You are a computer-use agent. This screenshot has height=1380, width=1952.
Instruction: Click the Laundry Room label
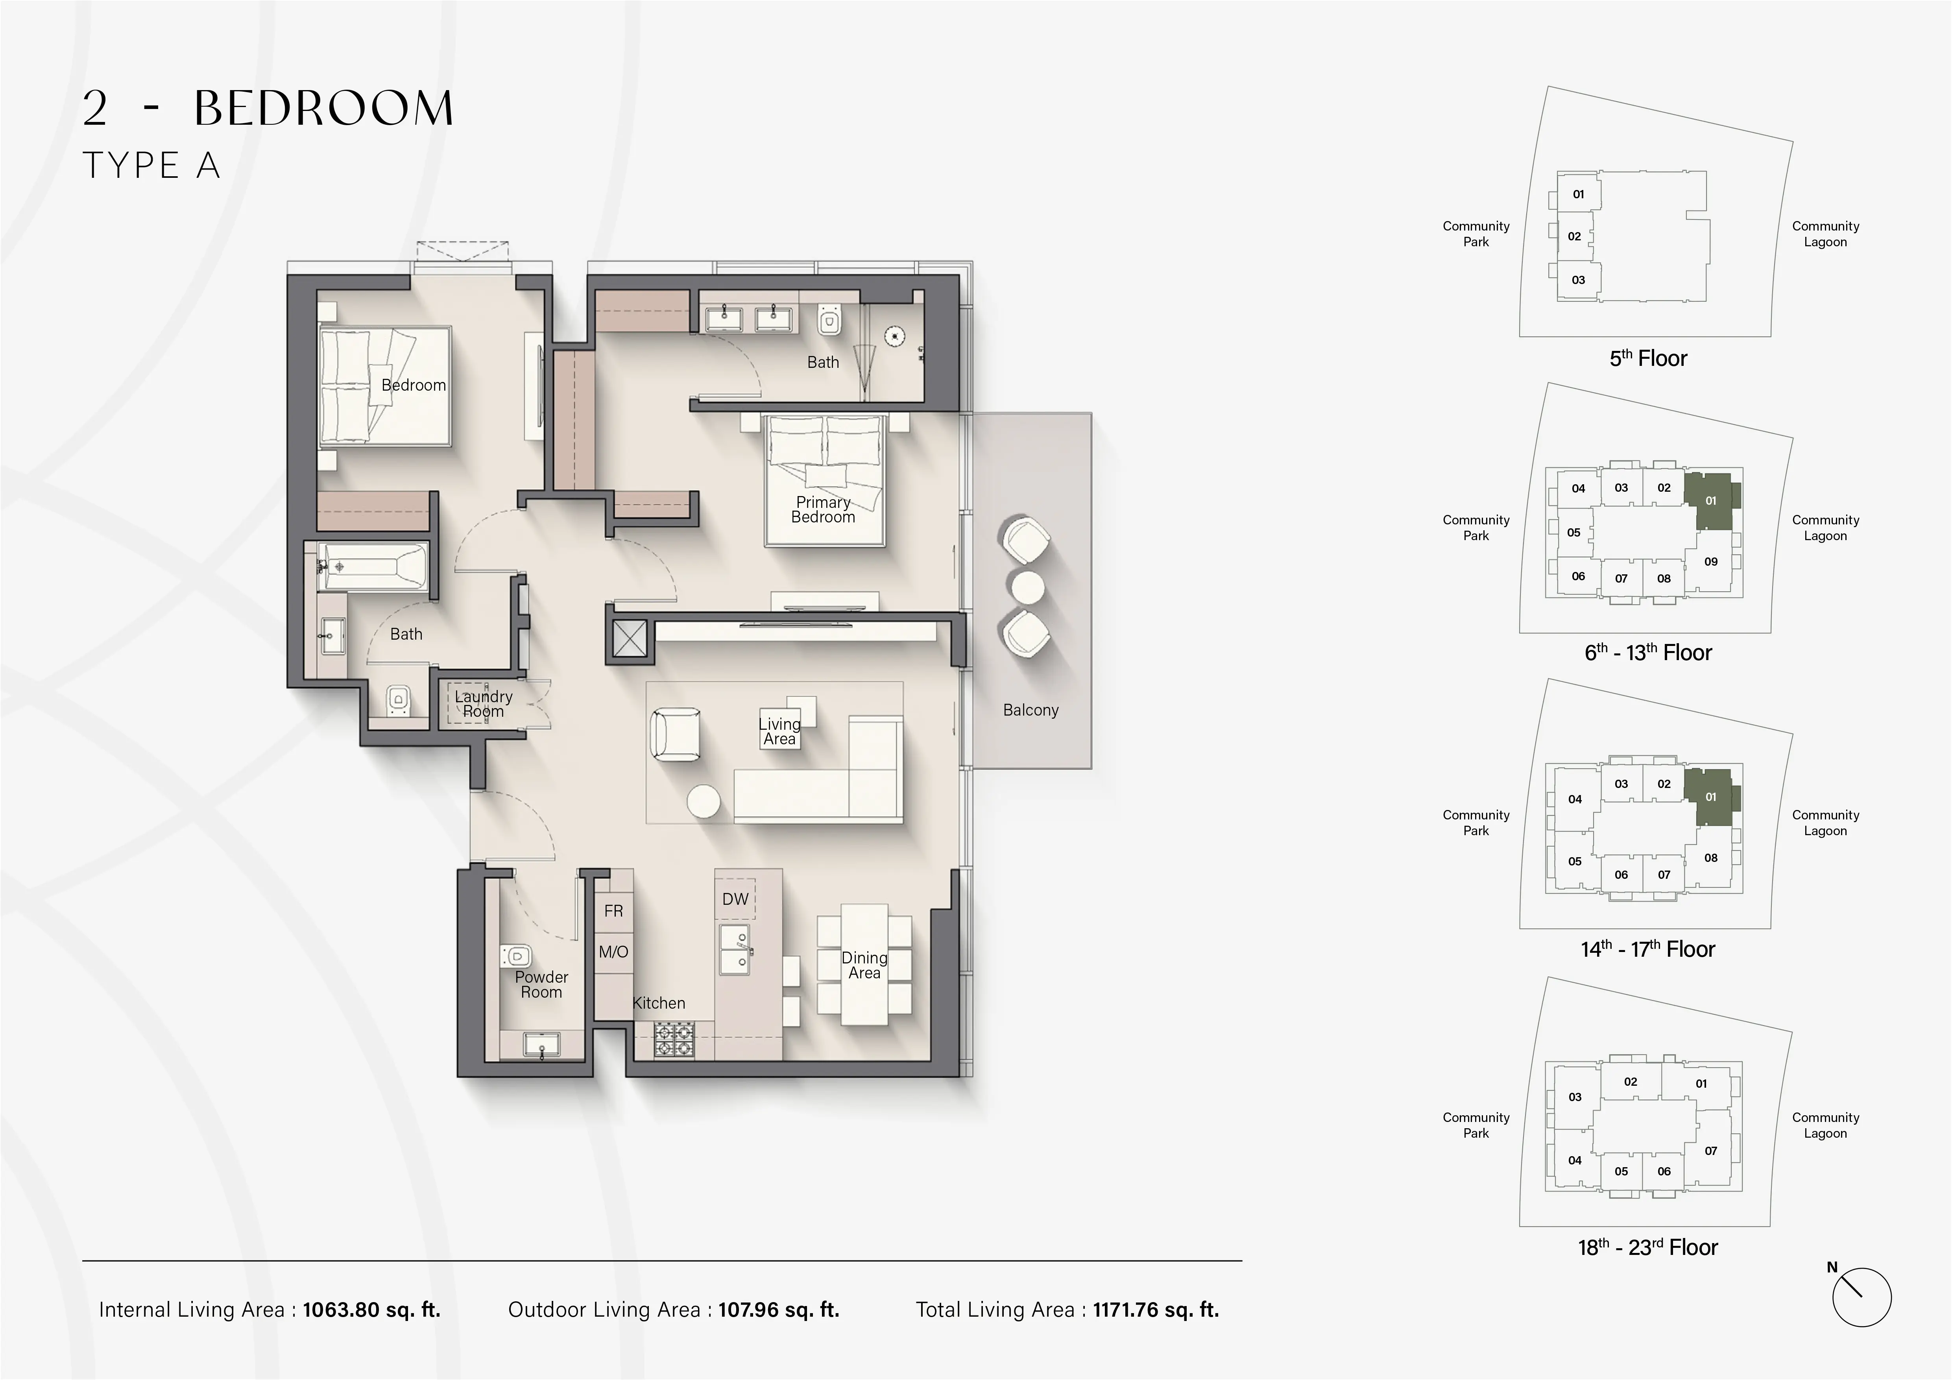tap(483, 704)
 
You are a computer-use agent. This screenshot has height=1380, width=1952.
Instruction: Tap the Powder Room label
tap(541, 984)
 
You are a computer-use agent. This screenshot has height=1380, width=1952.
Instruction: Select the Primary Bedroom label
tap(823, 510)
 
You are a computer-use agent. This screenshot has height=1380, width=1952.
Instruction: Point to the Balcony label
tap(1030, 710)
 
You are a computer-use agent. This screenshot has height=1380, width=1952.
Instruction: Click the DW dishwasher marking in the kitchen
tap(735, 899)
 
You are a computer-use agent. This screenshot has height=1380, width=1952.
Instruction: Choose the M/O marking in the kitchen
tap(613, 952)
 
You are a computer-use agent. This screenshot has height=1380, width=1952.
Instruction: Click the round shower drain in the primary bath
tap(894, 336)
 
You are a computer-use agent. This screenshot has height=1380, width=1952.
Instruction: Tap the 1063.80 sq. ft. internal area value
tap(371, 1310)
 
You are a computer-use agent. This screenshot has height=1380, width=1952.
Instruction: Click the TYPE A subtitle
tap(151, 166)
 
